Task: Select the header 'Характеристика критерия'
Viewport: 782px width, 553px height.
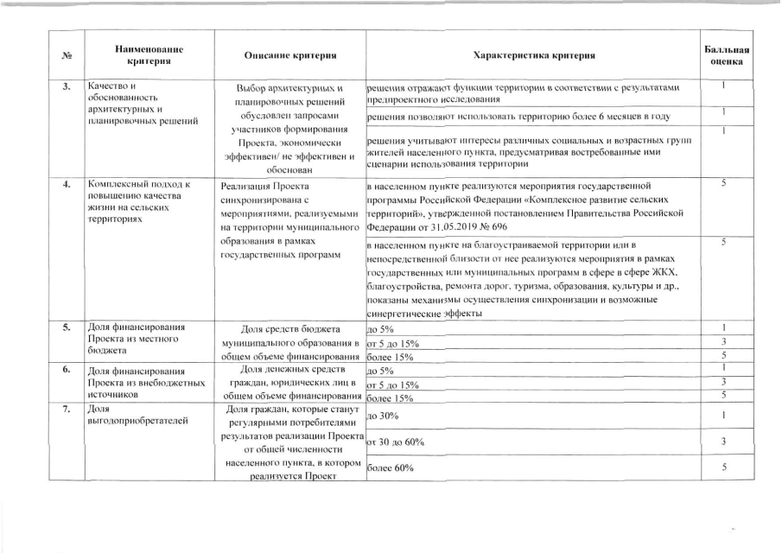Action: tap(534, 56)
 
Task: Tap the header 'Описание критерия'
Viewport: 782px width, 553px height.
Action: tap(290, 56)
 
